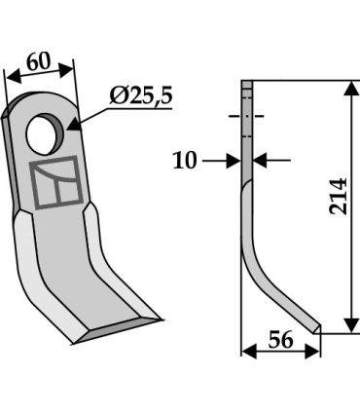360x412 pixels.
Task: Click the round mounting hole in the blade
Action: pos(44,132)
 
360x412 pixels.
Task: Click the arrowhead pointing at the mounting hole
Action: pos(74,125)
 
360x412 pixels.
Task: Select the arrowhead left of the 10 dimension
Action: pos(234,160)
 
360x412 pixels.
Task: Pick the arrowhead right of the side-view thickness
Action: pos(258,160)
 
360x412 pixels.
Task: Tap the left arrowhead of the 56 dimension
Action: pos(245,351)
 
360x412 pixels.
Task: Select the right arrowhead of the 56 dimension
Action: pos(315,351)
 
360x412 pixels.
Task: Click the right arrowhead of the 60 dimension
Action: pos(70,68)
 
